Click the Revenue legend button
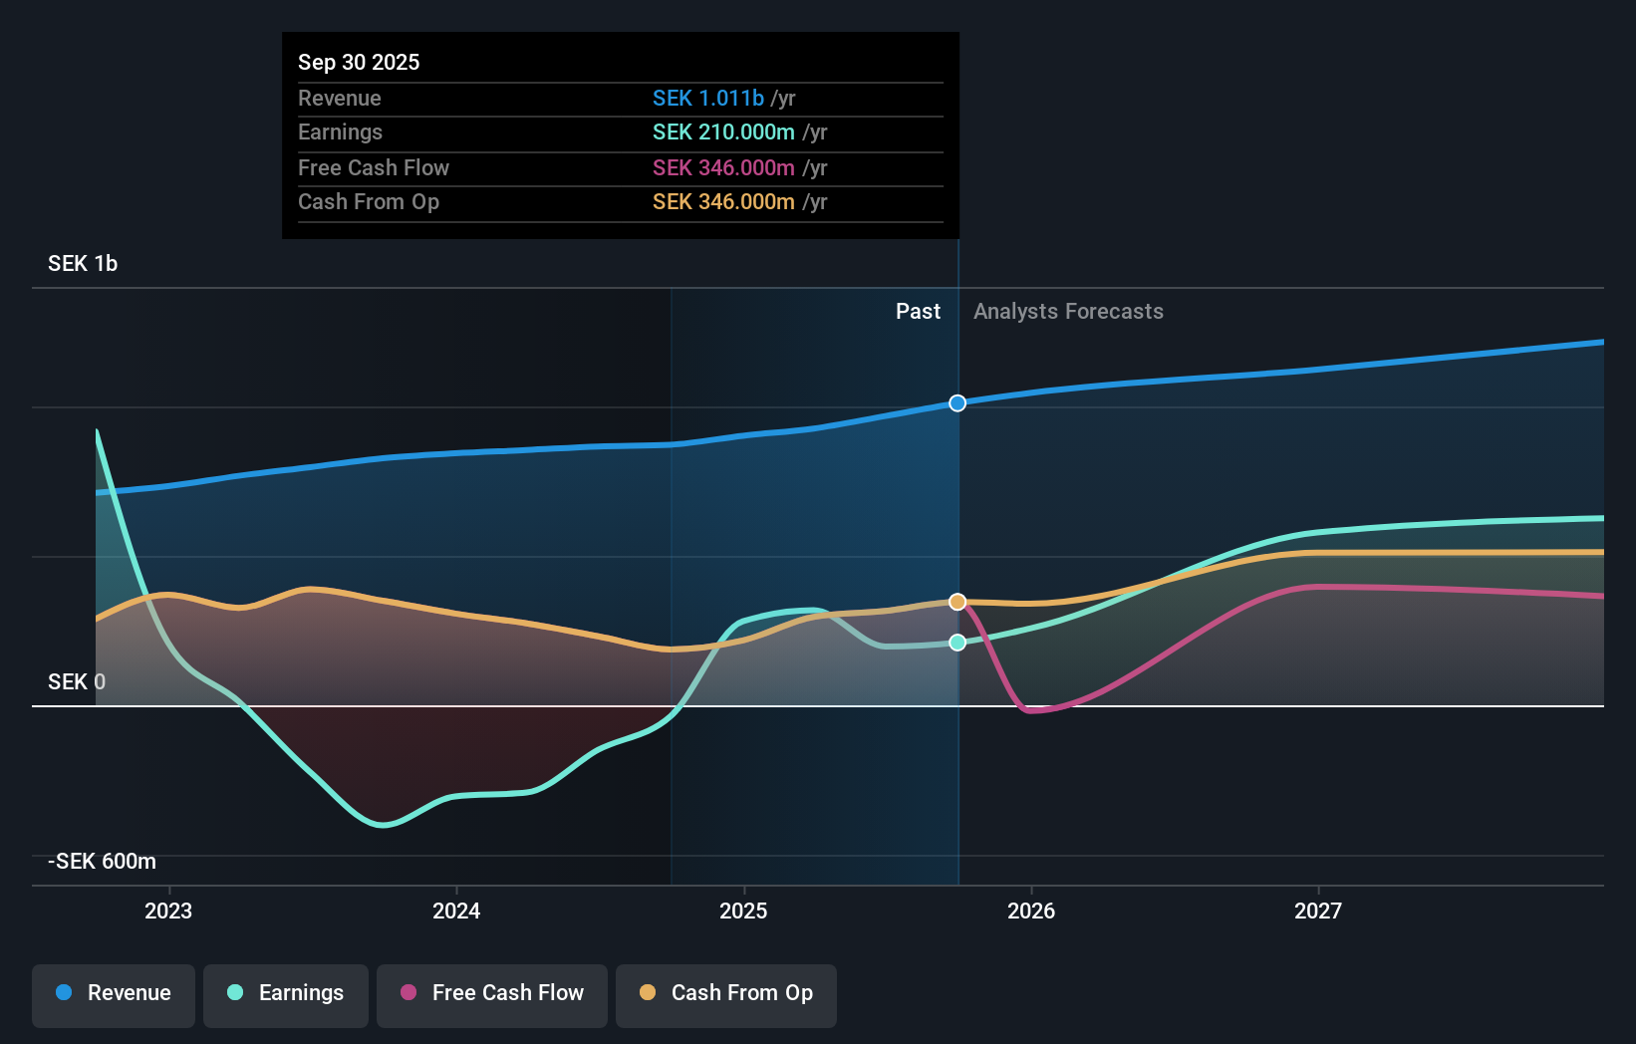pos(114,993)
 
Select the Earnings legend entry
pos(286,993)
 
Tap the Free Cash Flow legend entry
pos(492,993)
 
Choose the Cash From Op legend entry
pos(726,993)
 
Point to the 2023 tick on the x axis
pos(168,911)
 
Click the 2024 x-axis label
pos(456,911)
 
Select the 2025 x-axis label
pos(743,911)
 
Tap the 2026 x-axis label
pos(1031,911)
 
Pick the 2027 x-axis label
pos(1318,911)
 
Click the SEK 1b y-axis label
pos(83,264)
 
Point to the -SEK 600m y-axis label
pos(103,862)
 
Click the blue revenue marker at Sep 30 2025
pos(957,403)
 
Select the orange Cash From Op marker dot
pos(957,602)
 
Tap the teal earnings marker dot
pos(957,643)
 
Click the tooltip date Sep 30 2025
pos(359,62)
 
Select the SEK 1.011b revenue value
pos(708,98)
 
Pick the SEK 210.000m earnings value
pos(723,132)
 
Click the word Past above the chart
pos(918,312)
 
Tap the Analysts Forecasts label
pos(1068,312)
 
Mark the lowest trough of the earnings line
pos(384,825)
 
